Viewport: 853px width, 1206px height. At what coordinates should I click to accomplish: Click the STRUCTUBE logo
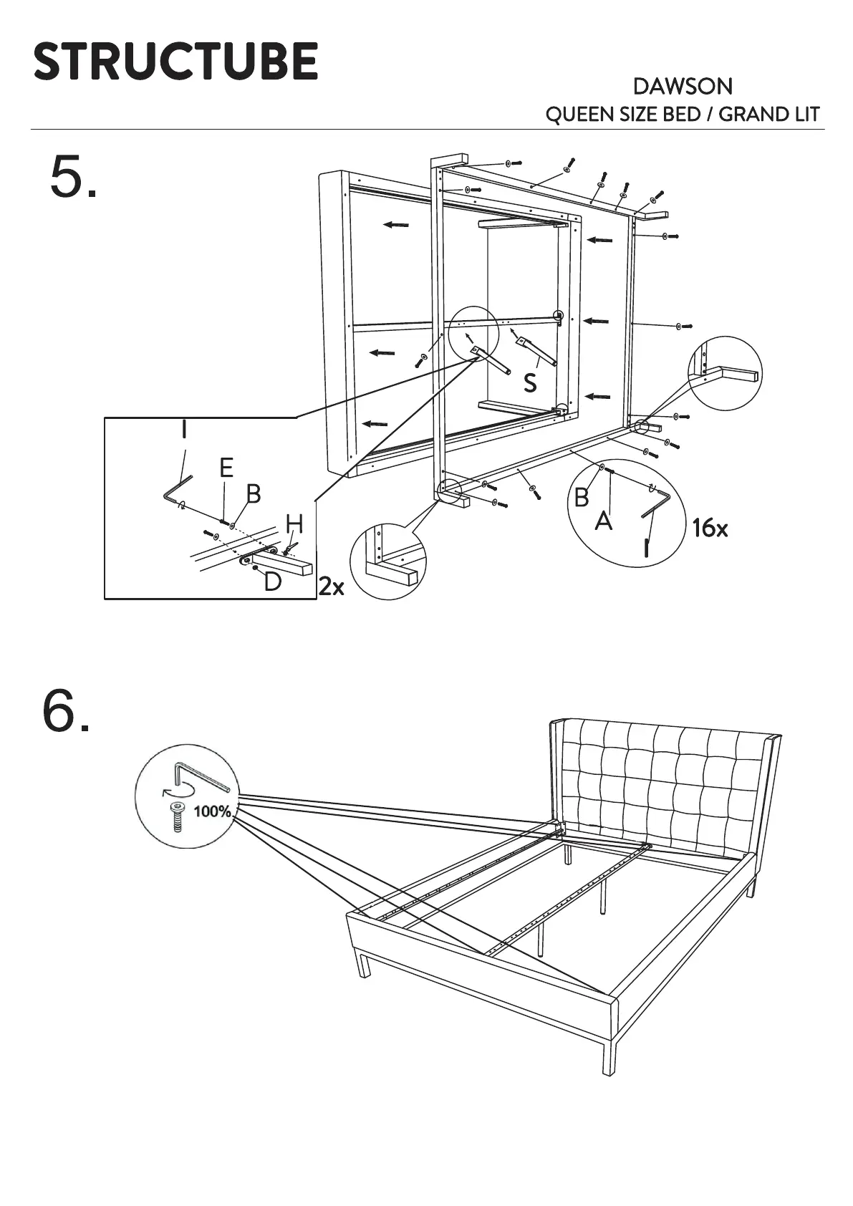pyautogui.click(x=175, y=61)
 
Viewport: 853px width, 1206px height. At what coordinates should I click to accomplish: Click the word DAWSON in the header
pyautogui.click(x=683, y=87)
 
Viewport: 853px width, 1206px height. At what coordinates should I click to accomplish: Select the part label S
pyautogui.click(x=530, y=383)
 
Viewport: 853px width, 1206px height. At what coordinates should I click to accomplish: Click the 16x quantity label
pyautogui.click(x=710, y=529)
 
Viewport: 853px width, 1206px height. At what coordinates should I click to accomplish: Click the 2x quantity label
pyautogui.click(x=331, y=587)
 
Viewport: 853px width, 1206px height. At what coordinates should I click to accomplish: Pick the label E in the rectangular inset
pyautogui.click(x=226, y=468)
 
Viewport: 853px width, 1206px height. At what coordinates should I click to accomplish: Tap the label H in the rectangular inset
pyautogui.click(x=294, y=525)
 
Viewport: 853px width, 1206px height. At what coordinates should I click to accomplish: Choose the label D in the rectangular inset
pyautogui.click(x=272, y=582)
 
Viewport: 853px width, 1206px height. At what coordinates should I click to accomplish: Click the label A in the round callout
pyautogui.click(x=604, y=521)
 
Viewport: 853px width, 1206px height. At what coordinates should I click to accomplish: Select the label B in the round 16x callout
pyautogui.click(x=582, y=497)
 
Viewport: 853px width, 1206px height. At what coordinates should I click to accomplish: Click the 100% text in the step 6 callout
pyautogui.click(x=213, y=811)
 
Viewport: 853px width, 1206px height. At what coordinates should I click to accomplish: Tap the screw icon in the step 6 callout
pyautogui.click(x=177, y=817)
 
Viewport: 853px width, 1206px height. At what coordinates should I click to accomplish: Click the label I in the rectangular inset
pyautogui.click(x=184, y=430)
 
